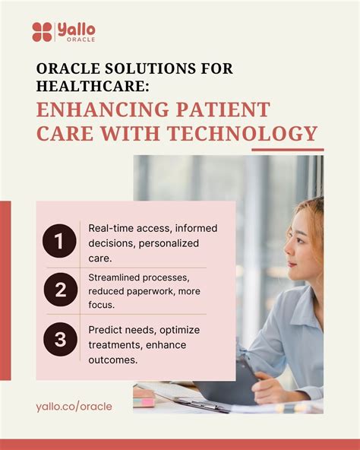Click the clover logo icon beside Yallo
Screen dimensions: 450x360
point(43,31)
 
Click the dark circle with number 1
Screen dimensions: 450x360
point(59,242)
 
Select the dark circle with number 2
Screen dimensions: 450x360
point(59,290)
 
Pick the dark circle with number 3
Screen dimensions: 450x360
point(59,340)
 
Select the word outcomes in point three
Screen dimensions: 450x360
point(114,360)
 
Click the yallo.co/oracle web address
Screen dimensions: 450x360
point(74,407)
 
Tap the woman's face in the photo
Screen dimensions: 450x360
point(305,243)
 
